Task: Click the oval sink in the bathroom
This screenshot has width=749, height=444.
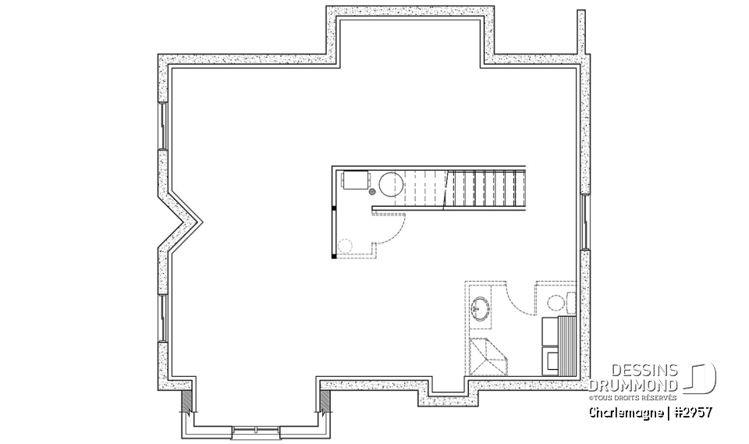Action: pos(480,309)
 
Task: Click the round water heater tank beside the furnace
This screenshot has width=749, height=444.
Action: pos(390,184)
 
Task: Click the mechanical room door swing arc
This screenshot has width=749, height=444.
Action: pos(394,231)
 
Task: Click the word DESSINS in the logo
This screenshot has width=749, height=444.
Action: pos(644,371)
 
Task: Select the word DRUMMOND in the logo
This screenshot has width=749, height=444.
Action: pos(634,385)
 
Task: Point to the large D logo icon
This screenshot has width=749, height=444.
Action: pos(702,378)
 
